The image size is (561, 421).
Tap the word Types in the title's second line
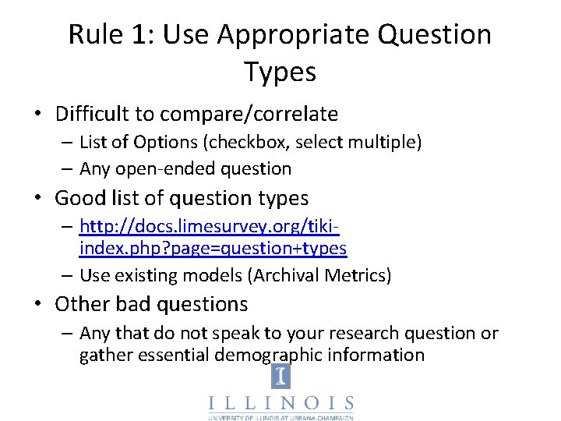(x=280, y=73)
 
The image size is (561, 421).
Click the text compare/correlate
(x=249, y=115)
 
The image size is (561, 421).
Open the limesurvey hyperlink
(x=212, y=237)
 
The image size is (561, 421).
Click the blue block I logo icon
(x=280, y=377)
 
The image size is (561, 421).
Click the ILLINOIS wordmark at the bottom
(x=280, y=403)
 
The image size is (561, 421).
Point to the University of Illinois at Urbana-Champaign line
(x=280, y=418)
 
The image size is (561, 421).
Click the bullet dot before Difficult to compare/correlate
(x=39, y=115)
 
